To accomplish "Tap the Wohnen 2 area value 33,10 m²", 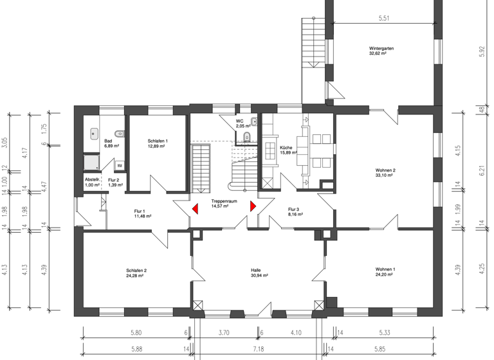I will click(x=385, y=176).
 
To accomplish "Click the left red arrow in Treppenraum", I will click(x=194, y=209).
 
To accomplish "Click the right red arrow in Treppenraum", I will click(x=253, y=206).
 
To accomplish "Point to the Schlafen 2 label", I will click(x=136, y=270).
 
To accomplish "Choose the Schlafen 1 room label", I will click(x=157, y=141).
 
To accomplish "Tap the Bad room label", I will click(x=108, y=141).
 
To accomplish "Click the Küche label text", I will click(x=286, y=147).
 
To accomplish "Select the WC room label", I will click(x=239, y=121).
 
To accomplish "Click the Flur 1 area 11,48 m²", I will click(x=143, y=217).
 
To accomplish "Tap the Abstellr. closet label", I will click(x=93, y=180).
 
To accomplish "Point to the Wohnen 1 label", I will click(x=385, y=270).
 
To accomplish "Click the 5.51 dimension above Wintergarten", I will click(x=384, y=19).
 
